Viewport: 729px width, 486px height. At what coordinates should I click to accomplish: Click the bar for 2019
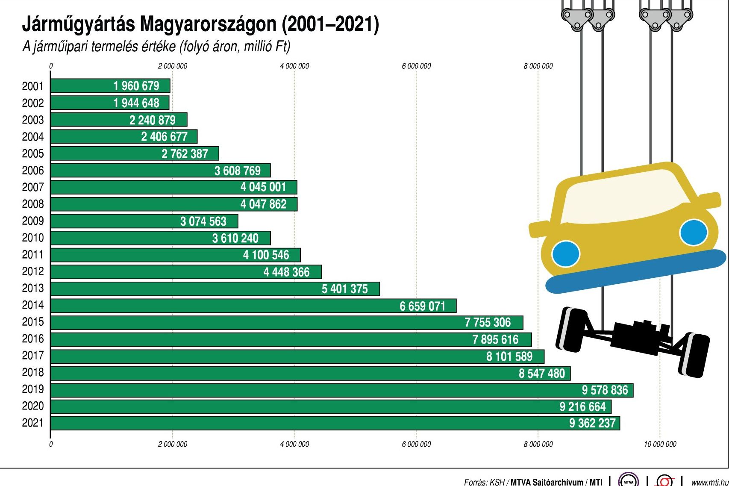click(342, 390)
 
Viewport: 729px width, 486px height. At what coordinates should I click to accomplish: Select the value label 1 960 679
click(136, 86)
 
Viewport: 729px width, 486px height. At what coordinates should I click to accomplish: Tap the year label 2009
click(33, 221)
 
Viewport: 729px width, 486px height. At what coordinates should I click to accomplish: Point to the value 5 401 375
click(344, 289)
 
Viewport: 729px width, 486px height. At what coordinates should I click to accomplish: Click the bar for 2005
click(135, 153)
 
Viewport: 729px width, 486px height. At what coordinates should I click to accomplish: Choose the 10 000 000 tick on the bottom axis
click(660, 444)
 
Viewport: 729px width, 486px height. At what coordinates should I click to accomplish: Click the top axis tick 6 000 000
click(416, 66)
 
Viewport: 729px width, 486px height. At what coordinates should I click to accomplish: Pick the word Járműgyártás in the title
click(78, 24)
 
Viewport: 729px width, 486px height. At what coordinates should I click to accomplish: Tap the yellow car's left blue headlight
click(565, 253)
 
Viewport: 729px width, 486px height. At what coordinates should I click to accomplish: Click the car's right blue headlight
click(693, 232)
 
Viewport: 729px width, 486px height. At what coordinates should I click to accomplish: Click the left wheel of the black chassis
click(572, 328)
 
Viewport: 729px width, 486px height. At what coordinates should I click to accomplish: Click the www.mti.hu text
click(709, 482)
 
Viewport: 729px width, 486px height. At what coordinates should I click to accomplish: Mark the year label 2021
click(33, 423)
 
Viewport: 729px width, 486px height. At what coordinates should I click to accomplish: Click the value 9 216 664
click(582, 406)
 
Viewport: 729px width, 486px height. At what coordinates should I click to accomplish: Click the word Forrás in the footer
click(475, 482)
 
